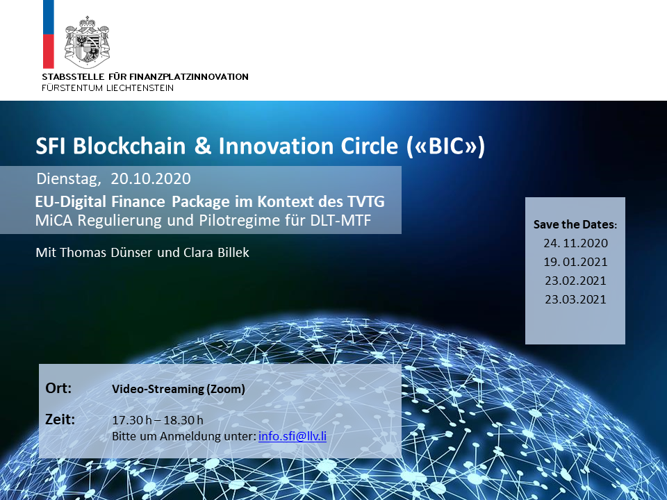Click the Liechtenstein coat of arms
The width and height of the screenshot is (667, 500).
pos(88,42)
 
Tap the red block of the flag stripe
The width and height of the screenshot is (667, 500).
pos(49,51)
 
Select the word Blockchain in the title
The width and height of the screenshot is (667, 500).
pos(129,146)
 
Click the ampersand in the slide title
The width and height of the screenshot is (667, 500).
pos(202,146)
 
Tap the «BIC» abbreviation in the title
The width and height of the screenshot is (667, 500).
pos(445,147)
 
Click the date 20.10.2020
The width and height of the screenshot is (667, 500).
pos(151,178)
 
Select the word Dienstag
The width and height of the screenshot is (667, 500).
pos(69,179)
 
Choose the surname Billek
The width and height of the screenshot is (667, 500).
pos(233,252)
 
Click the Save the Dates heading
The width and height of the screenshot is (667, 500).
pos(575,224)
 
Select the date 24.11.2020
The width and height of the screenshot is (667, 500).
pos(575,243)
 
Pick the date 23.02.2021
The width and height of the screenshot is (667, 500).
pos(575,281)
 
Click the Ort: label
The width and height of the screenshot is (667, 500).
pos(58,388)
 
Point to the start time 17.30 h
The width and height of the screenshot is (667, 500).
pos(132,420)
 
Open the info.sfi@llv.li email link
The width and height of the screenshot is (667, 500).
pos(293,436)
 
